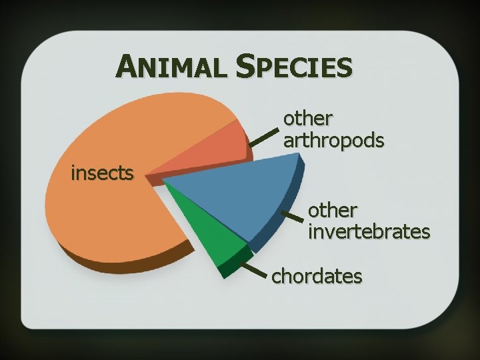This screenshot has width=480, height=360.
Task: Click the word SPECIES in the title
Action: tap(294, 67)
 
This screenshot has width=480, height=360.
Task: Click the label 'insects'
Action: tap(103, 174)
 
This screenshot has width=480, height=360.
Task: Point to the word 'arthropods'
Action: tap(333, 141)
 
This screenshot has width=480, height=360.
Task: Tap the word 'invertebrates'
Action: tap(369, 231)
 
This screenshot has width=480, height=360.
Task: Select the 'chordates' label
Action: tap(317, 275)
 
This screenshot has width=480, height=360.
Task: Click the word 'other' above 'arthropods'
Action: tap(308, 119)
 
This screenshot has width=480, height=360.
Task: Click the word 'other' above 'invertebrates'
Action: tap(333, 210)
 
